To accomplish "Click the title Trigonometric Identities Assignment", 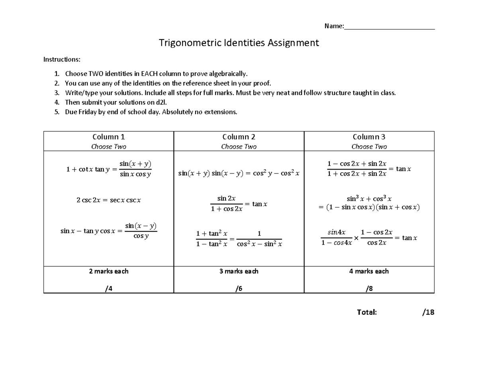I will click(239, 43).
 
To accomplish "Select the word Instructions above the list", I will click(62, 59).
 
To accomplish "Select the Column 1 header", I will click(108, 137).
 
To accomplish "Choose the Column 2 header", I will click(239, 137).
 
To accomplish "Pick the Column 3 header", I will click(369, 137).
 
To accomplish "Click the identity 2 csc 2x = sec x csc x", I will click(108, 200).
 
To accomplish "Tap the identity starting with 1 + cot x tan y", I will click(108, 169).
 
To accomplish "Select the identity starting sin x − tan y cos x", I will click(108, 231).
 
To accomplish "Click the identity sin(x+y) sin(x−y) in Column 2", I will click(239, 173).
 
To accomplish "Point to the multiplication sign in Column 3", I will click(356, 238).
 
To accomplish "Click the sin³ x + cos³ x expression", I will click(369, 198).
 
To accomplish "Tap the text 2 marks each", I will click(108, 271).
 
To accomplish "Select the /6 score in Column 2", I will click(239, 289).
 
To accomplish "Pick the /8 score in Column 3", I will click(369, 289).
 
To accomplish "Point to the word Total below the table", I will click(367, 312).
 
